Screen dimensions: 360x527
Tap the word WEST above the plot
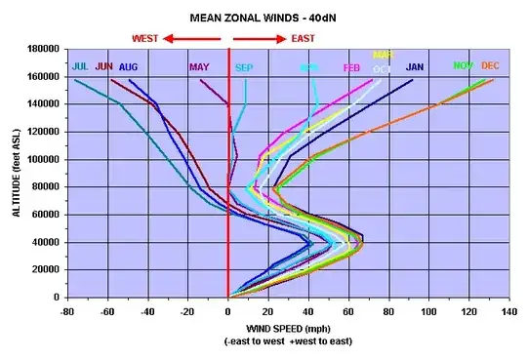(145, 38)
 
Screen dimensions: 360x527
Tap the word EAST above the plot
(304, 38)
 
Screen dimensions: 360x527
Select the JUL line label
(81, 67)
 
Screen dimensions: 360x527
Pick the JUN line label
(104, 67)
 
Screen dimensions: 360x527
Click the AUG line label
(129, 67)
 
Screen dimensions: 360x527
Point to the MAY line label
(199, 67)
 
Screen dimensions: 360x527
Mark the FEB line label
(351, 68)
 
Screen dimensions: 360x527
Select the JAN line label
(415, 67)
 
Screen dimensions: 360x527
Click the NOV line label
(465, 66)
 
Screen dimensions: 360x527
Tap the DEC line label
(490, 66)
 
